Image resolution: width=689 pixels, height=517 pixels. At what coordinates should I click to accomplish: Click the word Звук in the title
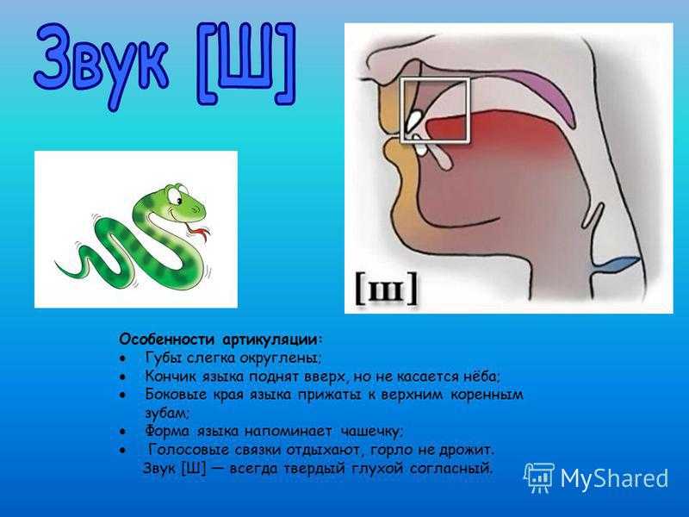101,63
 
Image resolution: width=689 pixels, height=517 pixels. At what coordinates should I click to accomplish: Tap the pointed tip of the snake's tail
56,263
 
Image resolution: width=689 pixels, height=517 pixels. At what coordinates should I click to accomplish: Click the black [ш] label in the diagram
386,289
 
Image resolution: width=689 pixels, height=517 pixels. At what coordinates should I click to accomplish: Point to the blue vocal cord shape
614,265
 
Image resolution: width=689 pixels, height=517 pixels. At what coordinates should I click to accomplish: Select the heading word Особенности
167,339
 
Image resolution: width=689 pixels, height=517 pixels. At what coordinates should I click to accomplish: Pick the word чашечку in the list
371,432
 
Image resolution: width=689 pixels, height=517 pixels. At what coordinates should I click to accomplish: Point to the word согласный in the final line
450,469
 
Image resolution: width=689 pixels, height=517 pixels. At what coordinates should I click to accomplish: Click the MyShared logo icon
539,477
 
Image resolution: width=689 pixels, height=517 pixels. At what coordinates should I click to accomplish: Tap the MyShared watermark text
614,478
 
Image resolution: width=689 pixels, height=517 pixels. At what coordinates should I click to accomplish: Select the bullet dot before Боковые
123,396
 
